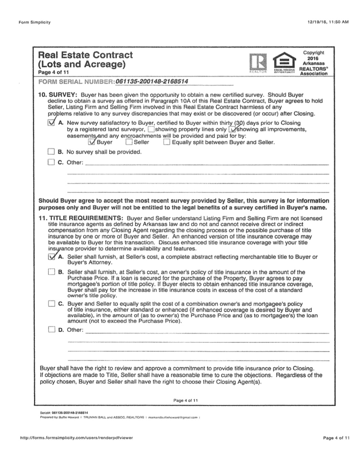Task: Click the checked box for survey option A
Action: point(51,123)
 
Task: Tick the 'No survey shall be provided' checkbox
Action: point(51,152)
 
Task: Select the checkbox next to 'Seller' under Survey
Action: point(129,142)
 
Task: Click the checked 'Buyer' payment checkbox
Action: point(92,142)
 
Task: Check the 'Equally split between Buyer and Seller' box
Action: point(166,142)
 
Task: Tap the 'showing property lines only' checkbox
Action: point(151,130)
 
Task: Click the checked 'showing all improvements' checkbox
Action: point(232,130)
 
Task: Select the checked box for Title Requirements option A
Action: point(51,257)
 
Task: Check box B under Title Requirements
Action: point(51,272)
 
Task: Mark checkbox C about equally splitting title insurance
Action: point(51,304)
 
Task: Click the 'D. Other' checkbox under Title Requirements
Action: point(51,330)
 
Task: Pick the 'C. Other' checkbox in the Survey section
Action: point(51,162)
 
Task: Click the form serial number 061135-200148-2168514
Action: point(152,81)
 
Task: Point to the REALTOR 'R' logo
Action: point(258,62)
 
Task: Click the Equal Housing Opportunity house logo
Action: point(284,62)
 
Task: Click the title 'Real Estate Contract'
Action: point(85,55)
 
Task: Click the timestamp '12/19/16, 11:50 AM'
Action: point(328,22)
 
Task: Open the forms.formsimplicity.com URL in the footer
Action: point(76,437)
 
